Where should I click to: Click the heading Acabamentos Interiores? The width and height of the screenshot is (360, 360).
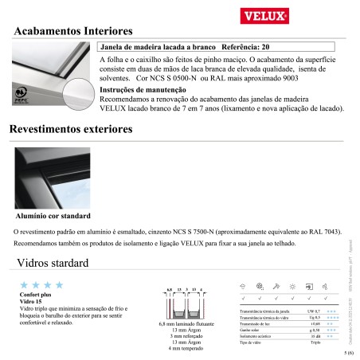74,31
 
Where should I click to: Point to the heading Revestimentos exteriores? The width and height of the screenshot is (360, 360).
84,130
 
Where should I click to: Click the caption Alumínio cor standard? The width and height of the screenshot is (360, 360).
53,216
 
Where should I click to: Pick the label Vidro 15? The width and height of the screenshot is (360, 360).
29,300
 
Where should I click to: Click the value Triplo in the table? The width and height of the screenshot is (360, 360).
315,342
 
